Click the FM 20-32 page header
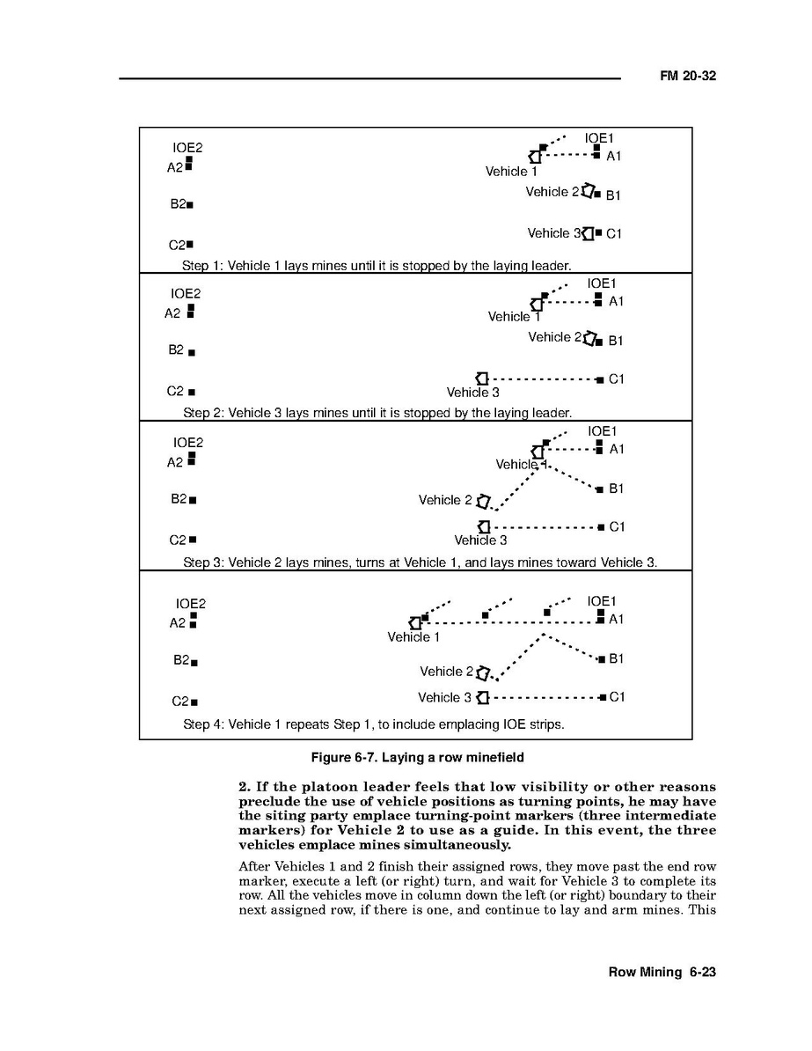pyautogui.click(x=688, y=77)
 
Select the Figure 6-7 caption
pyautogui.click(x=421, y=757)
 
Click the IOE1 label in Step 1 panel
pyautogui.click(x=599, y=138)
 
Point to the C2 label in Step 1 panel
pyautogui.click(x=177, y=246)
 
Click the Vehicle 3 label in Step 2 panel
pyautogui.click(x=472, y=393)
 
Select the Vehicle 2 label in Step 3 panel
pyautogui.click(x=445, y=500)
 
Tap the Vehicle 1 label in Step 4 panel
pyautogui.click(x=413, y=636)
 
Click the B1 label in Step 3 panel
pyautogui.click(x=617, y=489)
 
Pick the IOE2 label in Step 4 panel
pyautogui.click(x=190, y=604)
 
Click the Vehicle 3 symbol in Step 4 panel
pyautogui.click(x=482, y=698)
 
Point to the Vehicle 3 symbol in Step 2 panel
pyautogui.click(x=481, y=378)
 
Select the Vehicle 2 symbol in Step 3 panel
pyautogui.click(x=483, y=502)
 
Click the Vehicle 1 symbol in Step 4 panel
pyautogui.click(x=415, y=622)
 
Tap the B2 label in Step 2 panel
pyautogui.click(x=176, y=349)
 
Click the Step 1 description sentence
pyautogui.click(x=377, y=265)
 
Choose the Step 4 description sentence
pyautogui.click(x=373, y=724)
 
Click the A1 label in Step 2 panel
pyautogui.click(x=616, y=301)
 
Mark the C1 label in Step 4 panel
pyautogui.click(x=617, y=697)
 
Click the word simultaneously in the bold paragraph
pyautogui.click(x=450, y=845)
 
